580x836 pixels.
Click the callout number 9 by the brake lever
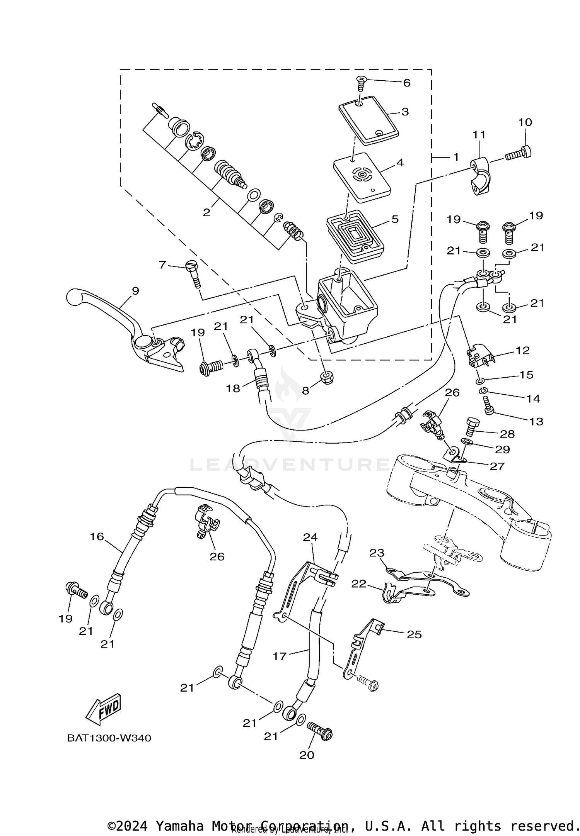(x=135, y=291)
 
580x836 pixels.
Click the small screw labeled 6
(x=361, y=83)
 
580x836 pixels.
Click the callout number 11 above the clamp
(x=479, y=135)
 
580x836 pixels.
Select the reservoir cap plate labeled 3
(x=368, y=120)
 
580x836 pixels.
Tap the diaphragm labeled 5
(x=355, y=236)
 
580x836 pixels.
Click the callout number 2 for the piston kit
(x=207, y=212)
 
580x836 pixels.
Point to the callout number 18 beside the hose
(x=233, y=388)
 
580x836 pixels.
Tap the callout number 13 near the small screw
(x=536, y=421)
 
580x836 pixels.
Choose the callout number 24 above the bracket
(x=310, y=537)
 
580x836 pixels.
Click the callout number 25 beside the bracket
(x=414, y=634)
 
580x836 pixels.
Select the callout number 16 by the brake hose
(x=97, y=536)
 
